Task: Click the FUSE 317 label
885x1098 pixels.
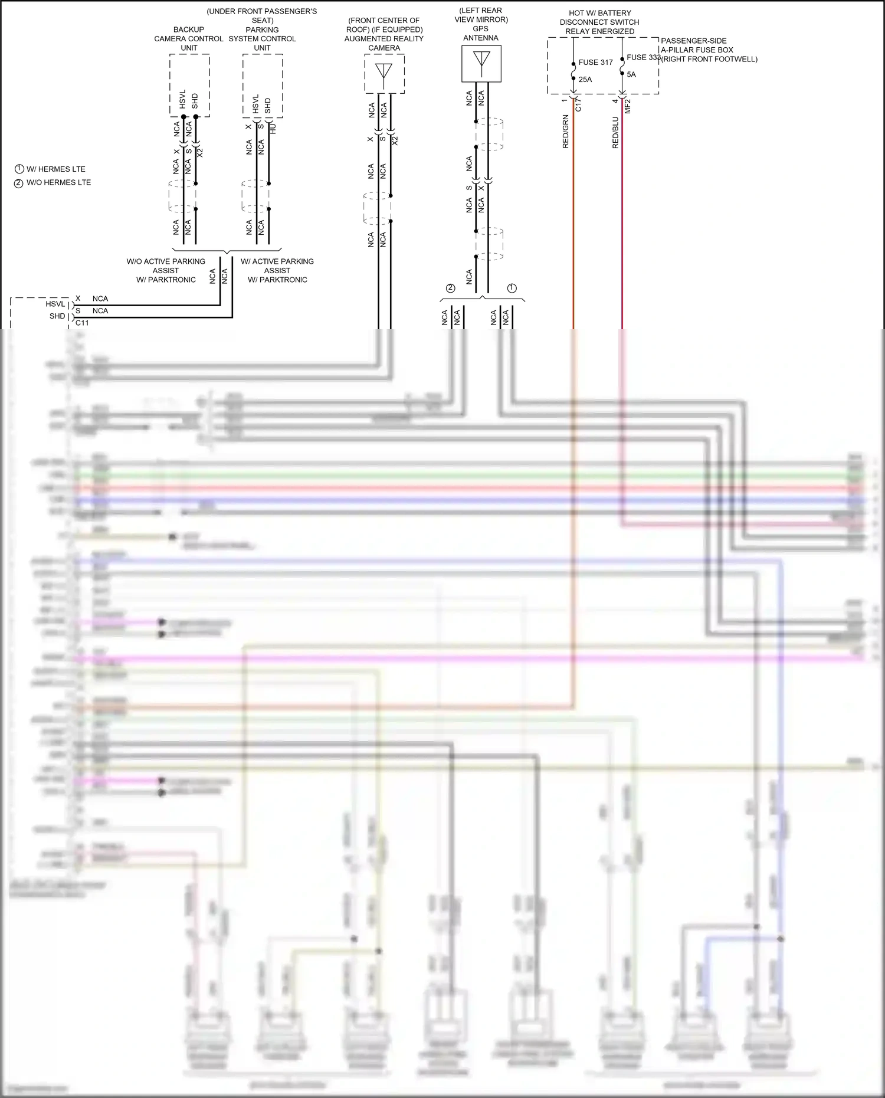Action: [595, 62]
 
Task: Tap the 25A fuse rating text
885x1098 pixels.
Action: [585, 79]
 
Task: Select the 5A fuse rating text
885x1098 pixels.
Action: [631, 74]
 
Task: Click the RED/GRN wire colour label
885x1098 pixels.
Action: [565, 132]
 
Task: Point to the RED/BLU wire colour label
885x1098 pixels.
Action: [615, 132]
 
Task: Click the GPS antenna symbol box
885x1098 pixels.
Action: [481, 64]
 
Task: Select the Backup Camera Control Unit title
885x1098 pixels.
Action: [189, 38]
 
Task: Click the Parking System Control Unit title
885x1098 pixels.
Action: [262, 38]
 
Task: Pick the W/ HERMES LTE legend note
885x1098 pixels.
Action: [55, 169]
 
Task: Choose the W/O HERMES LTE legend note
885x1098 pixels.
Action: [58, 182]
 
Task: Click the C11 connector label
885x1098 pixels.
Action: [82, 323]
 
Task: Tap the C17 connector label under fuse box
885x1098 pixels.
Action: [578, 105]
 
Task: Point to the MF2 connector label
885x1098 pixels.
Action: [628, 106]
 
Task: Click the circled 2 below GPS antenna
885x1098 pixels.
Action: [451, 288]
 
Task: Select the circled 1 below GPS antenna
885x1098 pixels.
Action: [512, 288]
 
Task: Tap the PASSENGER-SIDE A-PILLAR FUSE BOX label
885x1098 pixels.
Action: [709, 50]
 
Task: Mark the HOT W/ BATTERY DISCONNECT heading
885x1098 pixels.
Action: [599, 22]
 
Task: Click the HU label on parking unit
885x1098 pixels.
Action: [273, 129]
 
